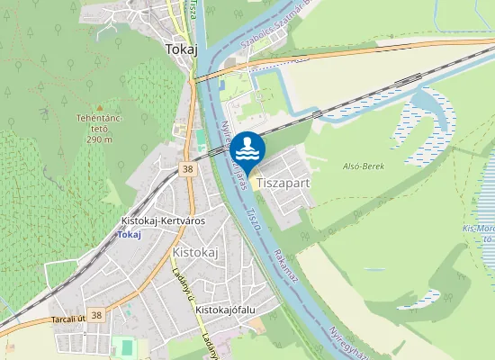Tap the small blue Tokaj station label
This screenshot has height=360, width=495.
(x=130, y=234)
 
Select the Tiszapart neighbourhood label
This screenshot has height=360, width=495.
(x=283, y=182)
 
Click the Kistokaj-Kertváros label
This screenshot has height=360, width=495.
(x=163, y=220)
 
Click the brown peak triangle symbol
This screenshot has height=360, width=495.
(x=100, y=108)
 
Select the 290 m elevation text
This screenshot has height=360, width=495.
(x=100, y=139)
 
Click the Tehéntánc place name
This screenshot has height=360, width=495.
(x=100, y=121)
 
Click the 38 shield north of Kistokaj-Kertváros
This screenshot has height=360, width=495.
(x=187, y=168)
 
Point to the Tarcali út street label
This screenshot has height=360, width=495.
(x=68, y=317)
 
